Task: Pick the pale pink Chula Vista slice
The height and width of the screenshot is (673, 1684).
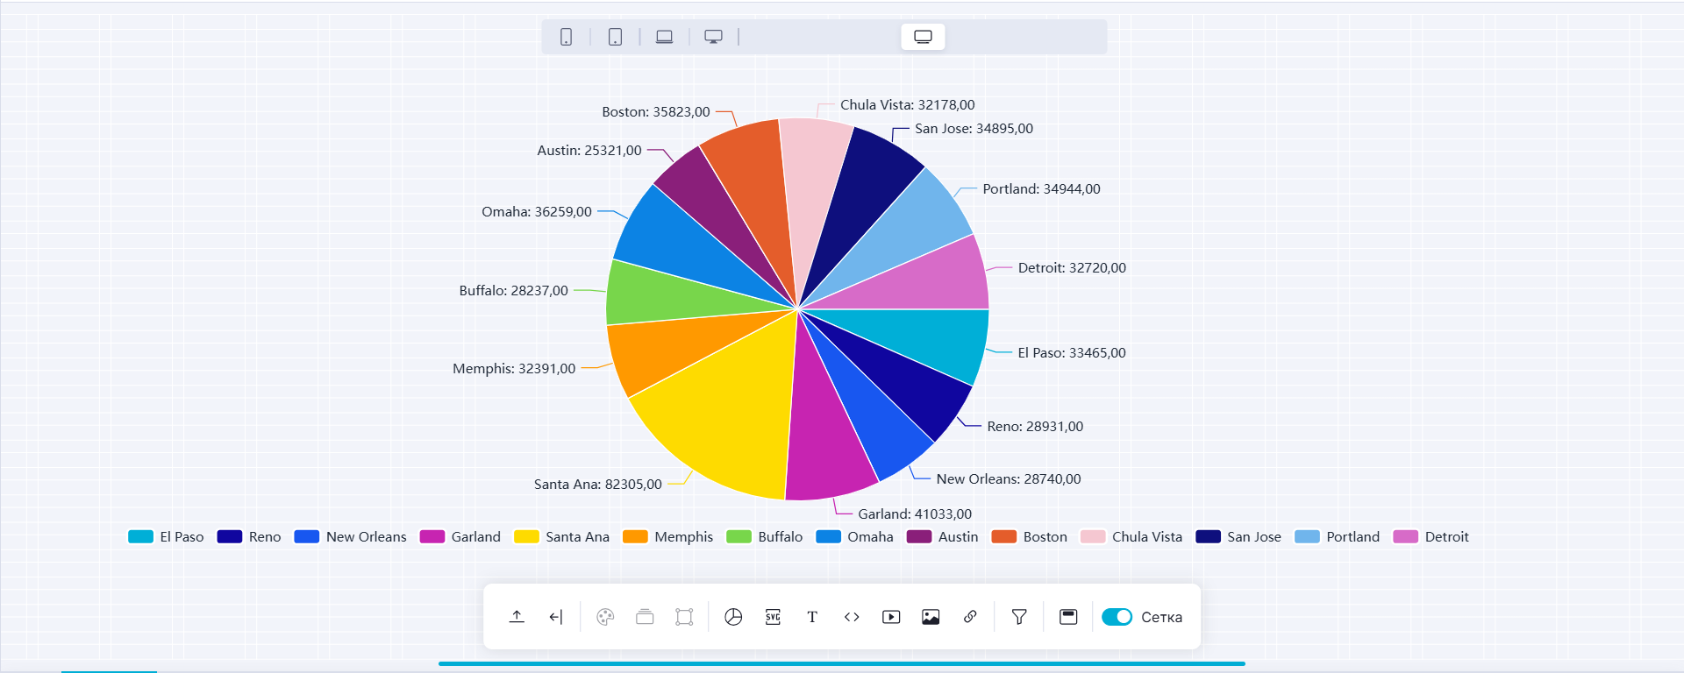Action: point(814,184)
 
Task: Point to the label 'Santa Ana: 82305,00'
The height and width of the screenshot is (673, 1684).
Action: point(597,485)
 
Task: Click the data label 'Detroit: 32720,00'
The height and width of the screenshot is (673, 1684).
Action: point(1072,268)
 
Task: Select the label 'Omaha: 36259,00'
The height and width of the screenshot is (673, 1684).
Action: point(537,212)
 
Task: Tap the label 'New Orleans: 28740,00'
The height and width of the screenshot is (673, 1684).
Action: point(1009,479)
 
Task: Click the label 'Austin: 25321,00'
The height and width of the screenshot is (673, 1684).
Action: point(589,151)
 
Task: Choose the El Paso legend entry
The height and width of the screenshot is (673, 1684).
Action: point(167,537)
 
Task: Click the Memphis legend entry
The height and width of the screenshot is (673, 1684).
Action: point(668,537)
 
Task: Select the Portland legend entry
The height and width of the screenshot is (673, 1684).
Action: point(1338,537)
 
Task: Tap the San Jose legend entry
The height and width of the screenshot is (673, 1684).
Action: point(1238,537)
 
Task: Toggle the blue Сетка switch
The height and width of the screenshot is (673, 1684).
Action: point(1117,617)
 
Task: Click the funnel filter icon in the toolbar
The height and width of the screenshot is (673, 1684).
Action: point(1019,617)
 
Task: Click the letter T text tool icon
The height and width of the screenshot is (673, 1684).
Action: point(812,617)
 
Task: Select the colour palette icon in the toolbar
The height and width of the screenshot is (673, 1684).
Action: point(605,617)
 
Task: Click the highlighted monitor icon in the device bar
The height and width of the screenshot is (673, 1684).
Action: point(923,37)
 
